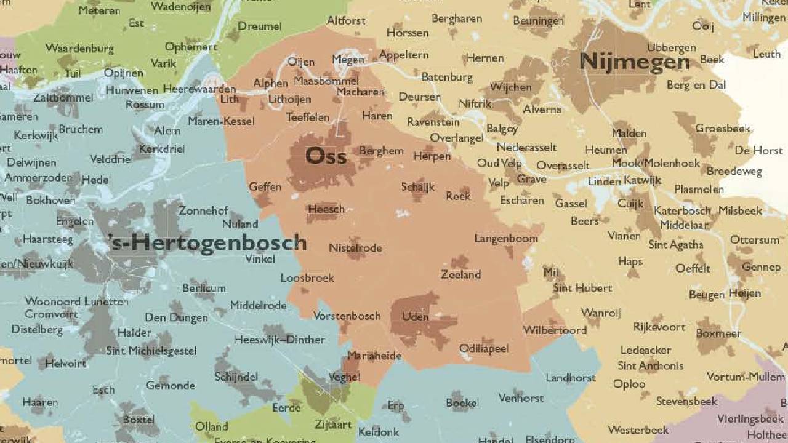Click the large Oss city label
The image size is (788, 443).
pos(326,156)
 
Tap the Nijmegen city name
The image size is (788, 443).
pos(634,62)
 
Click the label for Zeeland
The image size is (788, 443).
pos(460,275)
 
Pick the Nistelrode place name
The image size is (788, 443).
pos(355,248)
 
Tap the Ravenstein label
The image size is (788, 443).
pos(433,122)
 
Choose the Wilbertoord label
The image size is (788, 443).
pos(555,330)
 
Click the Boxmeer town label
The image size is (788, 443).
pos(718,333)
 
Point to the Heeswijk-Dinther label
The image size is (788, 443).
pos(279,340)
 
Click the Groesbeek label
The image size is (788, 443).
pos(723,129)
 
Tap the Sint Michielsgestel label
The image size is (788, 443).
pos(151,351)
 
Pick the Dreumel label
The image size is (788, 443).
pos(259,26)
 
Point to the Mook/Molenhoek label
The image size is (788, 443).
pos(656,163)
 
